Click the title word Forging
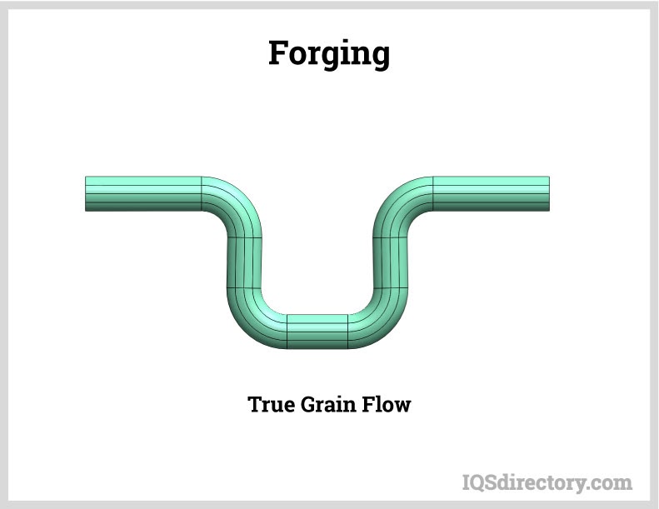pyautogui.click(x=328, y=54)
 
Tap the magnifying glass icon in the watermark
pyautogui.click(x=472, y=482)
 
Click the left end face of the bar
pyautogui.click(x=87, y=193)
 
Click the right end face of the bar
pyautogui.click(x=548, y=193)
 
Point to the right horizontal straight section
pyautogui.click(x=491, y=193)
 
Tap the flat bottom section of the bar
pyautogui.click(x=317, y=332)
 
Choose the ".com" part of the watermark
pyautogui.click(x=612, y=482)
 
